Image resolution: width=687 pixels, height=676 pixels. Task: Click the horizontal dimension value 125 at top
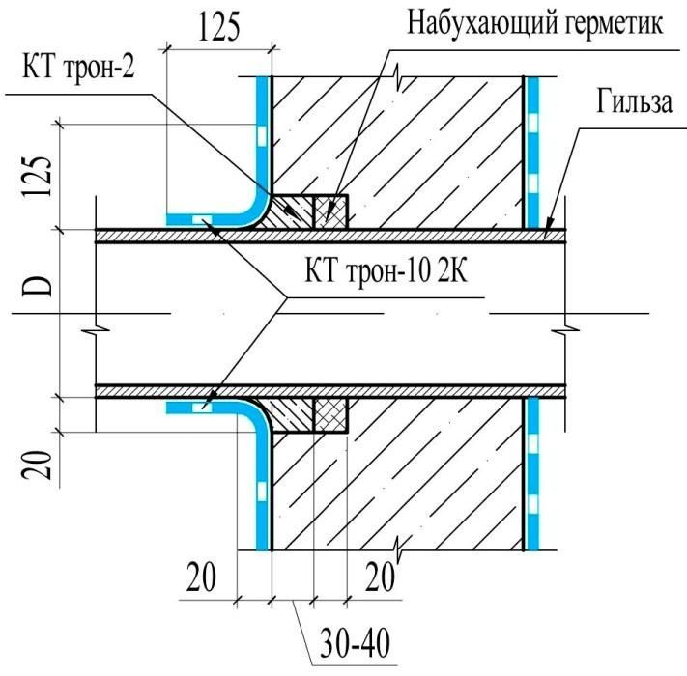[x=218, y=29]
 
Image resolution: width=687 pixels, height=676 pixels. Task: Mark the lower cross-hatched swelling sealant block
[x=329, y=414]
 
